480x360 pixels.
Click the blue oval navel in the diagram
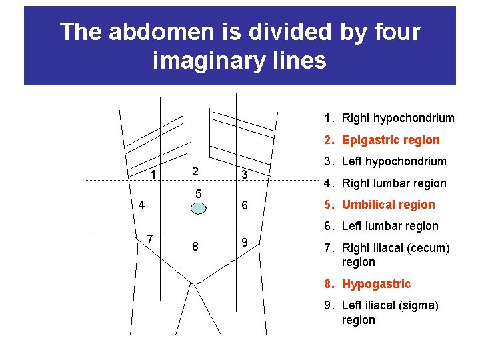[198, 207]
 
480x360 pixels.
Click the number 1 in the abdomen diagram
[153, 175]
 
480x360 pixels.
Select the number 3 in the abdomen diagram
[245, 175]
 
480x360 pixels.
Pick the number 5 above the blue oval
[198, 193]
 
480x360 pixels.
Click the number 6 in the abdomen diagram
[245, 206]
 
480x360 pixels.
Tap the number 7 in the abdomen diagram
[151, 239]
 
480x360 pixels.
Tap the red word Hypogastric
[376, 284]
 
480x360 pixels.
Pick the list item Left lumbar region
[390, 226]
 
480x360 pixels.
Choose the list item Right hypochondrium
[398, 118]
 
